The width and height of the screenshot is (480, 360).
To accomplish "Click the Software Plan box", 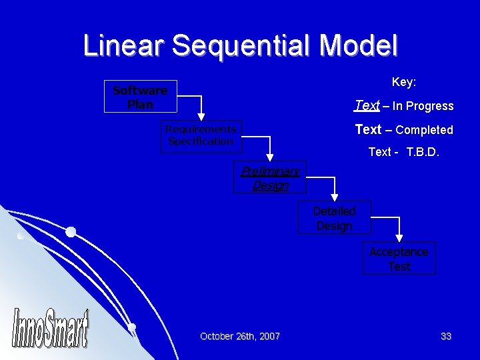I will click(140, 97).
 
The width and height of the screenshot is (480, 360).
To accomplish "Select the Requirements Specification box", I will click(201, 135).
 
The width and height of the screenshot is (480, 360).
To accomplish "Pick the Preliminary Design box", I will click(270, 178).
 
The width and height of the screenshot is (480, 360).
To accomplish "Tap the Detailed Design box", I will click(334, 218).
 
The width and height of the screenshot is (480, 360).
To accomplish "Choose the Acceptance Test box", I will click(399, 259).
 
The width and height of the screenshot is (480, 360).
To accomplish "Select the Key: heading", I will click(404, 82).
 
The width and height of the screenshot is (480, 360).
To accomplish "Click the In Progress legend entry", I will click(403, 106).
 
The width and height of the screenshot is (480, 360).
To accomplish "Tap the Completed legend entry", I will click(403, 130).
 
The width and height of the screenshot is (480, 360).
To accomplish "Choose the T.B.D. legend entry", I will click(403, 152).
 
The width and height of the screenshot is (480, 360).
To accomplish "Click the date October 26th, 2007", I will click(240, 337).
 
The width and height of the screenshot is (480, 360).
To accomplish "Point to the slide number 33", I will click(446, 337).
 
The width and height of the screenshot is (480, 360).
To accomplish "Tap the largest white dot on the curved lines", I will click(70, 232).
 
